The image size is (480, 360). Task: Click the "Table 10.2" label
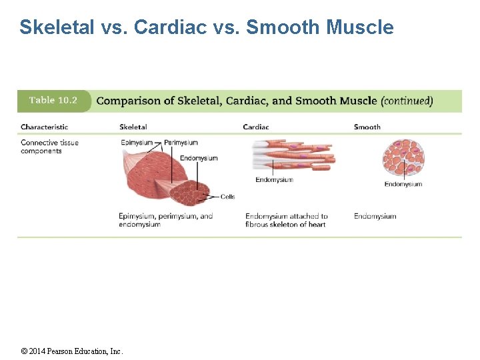(53, 101)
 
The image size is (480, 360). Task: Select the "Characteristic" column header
(44, 127)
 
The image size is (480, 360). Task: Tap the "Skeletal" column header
(133, 127)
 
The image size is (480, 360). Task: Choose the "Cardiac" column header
(256, 127)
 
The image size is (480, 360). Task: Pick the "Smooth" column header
(367, 127)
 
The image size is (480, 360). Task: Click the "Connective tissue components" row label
(49, 147)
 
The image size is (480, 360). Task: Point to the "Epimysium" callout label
(137, 142)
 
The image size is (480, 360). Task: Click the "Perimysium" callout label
(181, 142)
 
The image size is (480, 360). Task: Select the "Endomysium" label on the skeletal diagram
(199, 158)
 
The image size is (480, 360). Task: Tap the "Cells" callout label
(227, 197)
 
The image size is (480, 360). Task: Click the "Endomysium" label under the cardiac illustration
(274, 180)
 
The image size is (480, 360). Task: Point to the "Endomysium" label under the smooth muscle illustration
(403, 184)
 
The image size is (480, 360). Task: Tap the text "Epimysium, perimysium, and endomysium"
(165, 220)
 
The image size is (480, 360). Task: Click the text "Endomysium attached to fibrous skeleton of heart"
(286, 220)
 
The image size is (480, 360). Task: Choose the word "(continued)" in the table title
(407, 101)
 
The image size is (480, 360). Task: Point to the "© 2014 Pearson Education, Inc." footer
(73, 351)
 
